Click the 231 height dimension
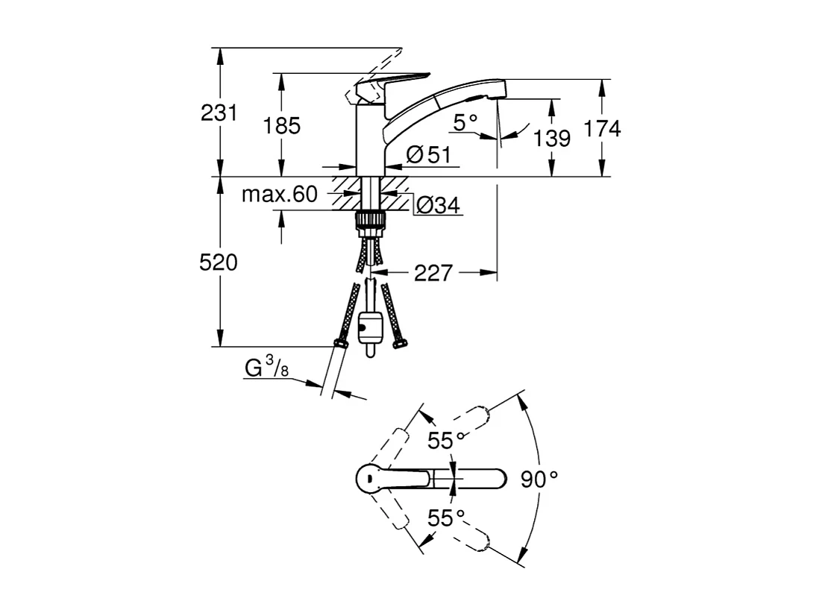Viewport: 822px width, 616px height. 219,113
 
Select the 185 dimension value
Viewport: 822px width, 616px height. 282,125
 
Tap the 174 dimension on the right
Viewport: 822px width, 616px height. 602,128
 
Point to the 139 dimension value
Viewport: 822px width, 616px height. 553,138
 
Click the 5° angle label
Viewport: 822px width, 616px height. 465,122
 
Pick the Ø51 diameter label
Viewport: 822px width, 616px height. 429,154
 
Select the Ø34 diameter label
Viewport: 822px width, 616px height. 437,205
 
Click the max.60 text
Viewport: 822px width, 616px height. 279,195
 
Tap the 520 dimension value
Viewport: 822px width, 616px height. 219,263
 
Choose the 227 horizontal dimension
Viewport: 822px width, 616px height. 433,274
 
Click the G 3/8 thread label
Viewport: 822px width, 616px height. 266,368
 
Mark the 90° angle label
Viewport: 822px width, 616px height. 539,480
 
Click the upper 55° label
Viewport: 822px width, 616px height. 446,440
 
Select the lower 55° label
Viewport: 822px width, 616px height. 446,517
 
